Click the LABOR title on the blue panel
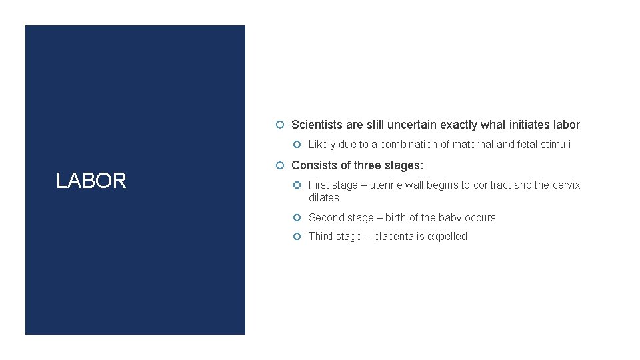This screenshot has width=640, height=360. (91, 181)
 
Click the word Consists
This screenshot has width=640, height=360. (314, 165)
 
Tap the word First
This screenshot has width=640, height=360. (320, 185)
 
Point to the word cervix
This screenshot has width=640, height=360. (567, 185)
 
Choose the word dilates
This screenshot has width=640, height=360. (324, 198)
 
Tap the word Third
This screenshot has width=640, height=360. (321, 237)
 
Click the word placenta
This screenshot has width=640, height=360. (394, 237)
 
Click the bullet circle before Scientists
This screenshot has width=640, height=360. (281, 125)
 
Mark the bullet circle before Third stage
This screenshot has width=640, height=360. (297, 237)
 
